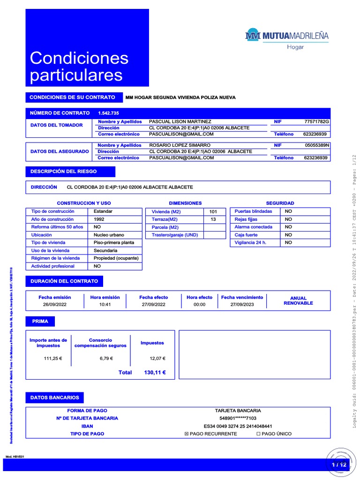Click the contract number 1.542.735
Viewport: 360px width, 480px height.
tap(108, 113)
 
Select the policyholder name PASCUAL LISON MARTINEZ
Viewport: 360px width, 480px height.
tap(180, 122)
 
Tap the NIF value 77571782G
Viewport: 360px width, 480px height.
tap(317, 122)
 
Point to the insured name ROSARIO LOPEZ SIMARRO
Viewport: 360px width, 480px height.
tap(180, 145)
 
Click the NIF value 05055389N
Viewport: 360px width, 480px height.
tap(317, 145)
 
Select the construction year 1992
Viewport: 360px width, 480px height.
tap(99, 219)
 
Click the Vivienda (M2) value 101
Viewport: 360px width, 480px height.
tap(213, 211)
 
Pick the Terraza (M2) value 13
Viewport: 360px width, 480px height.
tap(213, 219)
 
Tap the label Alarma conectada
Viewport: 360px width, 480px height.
tap(253, 227)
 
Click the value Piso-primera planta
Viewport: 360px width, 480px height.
tap(114, 242)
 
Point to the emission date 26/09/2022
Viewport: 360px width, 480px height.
tap(55, 304)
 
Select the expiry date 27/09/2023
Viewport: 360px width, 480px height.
tap(242, 304)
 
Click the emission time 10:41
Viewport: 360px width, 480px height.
tap(105, 304)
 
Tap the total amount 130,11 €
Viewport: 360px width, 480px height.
tap(155, 373)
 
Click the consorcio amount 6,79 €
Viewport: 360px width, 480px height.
tap(106, 359)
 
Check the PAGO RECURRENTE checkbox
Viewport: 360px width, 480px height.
tap(187, 434)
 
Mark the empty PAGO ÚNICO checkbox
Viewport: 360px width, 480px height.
tap(258, 434)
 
